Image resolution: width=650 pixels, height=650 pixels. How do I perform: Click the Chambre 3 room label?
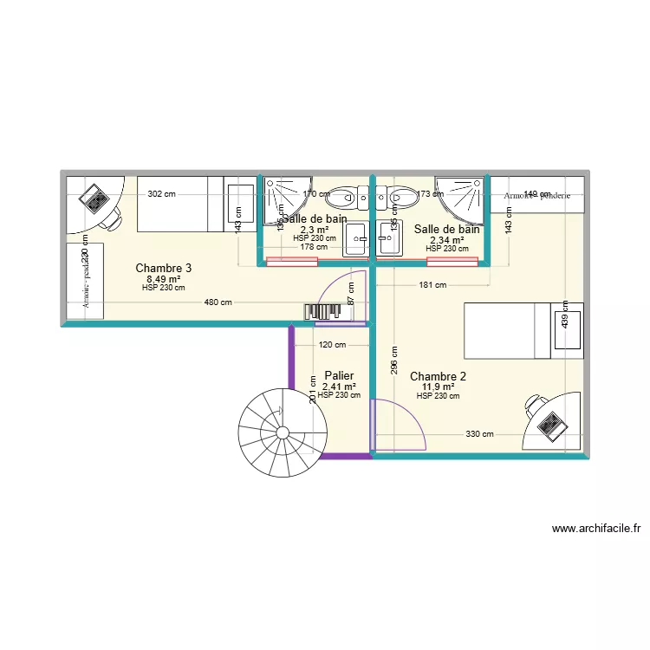(x=163, y=269)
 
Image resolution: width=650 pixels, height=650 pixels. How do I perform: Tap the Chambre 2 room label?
(x=438, y=376)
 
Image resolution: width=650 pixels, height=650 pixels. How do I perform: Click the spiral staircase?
(x=283, y=432)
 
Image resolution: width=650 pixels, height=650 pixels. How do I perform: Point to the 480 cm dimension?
(x=218, y=302)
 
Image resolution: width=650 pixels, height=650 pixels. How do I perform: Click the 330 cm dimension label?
(x=479, y=434)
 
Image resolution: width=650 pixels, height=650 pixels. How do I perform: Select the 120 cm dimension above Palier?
(x=332, y=344)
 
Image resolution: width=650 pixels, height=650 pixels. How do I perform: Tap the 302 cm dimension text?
(x=161, y=194)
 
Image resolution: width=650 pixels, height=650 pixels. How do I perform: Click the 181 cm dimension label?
(x=432, y=284)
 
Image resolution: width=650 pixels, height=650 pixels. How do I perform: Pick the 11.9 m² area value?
(x=438, y=387)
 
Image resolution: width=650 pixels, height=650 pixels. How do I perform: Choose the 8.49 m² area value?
(x=163, y=279)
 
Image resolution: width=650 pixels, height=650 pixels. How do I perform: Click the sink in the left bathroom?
(x=356, y=238)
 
